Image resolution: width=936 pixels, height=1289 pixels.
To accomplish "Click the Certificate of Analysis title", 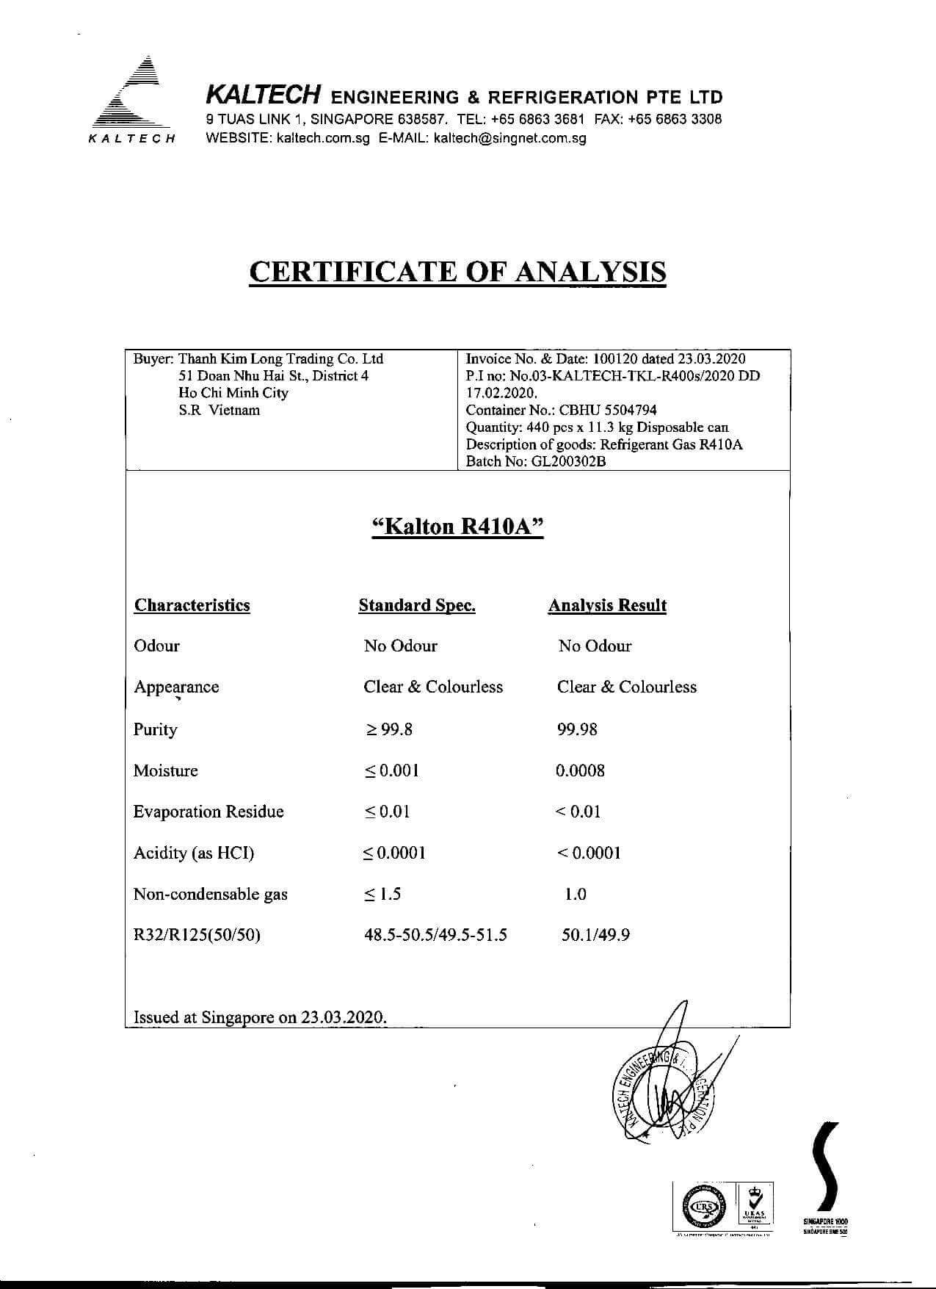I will [457, 271].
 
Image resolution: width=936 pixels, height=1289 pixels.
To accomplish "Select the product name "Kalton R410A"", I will [458, 527].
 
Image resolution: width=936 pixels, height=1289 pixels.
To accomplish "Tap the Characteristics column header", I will [192, 605].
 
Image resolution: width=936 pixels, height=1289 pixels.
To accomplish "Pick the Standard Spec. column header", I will [416, 605].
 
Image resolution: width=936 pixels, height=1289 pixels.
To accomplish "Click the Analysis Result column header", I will [607, 605].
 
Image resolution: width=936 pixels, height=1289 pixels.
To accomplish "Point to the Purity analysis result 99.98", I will [577, 729].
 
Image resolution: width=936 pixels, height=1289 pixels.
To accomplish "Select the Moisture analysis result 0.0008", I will [580, 770].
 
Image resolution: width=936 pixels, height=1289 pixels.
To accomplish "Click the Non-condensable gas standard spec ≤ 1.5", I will [382, 894].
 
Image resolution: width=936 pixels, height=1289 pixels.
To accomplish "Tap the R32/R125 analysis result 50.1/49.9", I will [595, 935].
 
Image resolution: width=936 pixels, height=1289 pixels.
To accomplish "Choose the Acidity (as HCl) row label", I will [194, 853].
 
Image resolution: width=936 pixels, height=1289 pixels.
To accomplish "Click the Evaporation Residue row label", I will [208, 812].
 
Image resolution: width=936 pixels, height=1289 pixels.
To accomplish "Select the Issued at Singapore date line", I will [260, 1017].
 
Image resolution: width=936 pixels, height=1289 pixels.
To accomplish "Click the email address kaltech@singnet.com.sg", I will [510, 137].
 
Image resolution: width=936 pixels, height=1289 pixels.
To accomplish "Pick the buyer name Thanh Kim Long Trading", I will [280, 358].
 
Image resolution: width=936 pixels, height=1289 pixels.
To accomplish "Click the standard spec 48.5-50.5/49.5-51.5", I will [435, 935].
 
